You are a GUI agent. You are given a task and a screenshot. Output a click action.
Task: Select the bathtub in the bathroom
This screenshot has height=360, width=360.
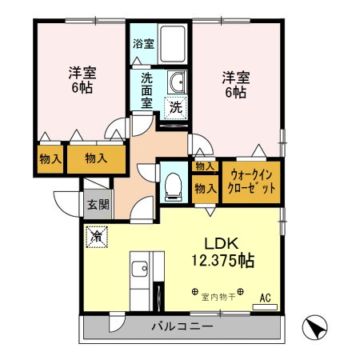[x=173, y=44]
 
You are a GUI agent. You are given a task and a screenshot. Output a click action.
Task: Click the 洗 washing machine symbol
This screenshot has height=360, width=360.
[x=174, y=106]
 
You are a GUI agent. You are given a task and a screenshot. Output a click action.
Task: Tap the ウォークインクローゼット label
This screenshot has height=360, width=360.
[x=252, y=181]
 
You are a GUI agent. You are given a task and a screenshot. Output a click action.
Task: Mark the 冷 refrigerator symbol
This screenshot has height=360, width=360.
[x=97, y=237]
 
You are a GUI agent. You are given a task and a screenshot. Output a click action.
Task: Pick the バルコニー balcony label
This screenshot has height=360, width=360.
[x=182, y=326]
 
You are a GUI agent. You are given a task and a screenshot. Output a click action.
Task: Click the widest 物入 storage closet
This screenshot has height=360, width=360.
[x=97, y=158]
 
